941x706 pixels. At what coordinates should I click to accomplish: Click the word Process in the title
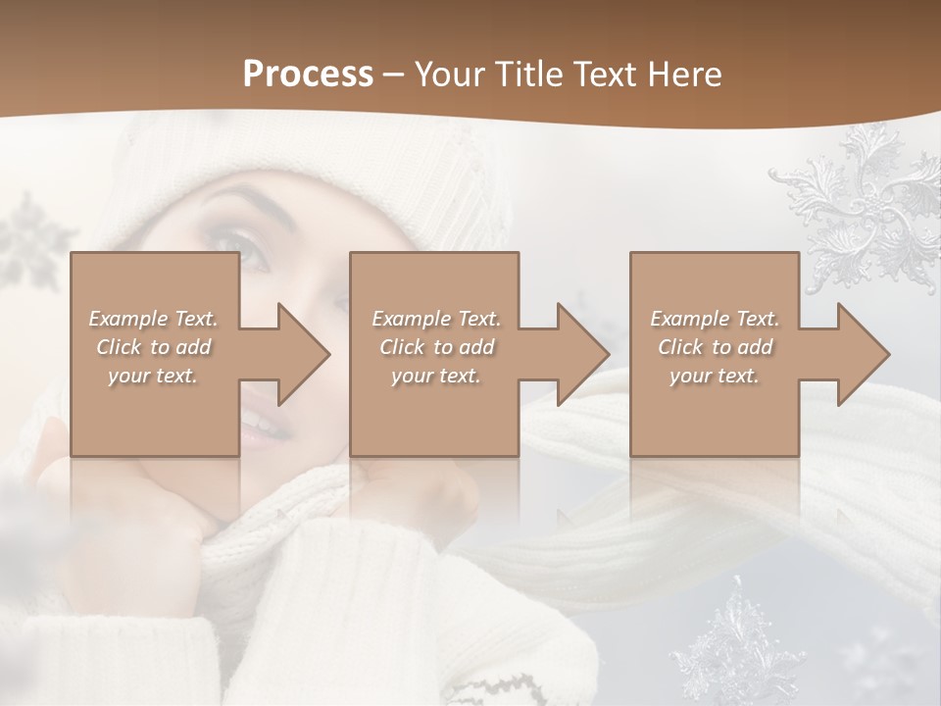coord(308,75)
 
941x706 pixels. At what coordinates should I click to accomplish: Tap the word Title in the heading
coord(527,75)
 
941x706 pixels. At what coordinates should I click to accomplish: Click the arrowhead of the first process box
coord(300,354)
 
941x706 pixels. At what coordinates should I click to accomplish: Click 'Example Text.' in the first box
coord(153,319)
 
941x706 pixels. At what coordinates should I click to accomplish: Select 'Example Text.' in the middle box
coord(435,319)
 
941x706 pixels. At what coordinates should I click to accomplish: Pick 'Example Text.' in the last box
coord(715,319)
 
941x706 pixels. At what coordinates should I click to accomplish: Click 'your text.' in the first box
coord(153,376)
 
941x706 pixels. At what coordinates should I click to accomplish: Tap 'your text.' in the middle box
coord(435,376)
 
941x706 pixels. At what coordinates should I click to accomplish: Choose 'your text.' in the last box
coord(715,376)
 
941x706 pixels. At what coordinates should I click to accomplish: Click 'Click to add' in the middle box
coord(435,347)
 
